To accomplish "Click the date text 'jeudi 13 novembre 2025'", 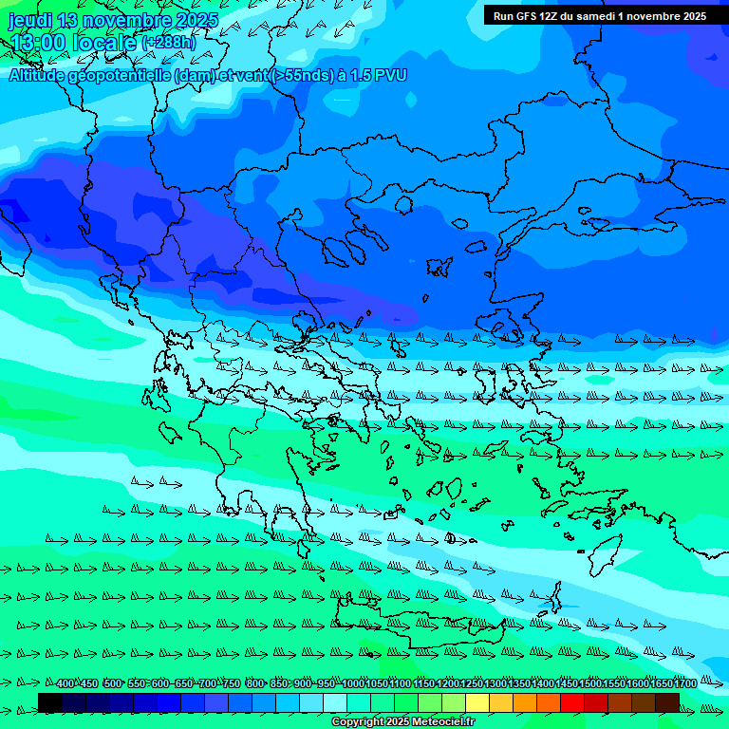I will (x=113, y=20).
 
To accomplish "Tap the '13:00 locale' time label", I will (x=76, y=43).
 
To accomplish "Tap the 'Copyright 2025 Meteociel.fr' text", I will (x=402, y=722).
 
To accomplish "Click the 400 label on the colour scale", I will (x=65, y=684).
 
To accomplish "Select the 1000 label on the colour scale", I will (x=352, y=684).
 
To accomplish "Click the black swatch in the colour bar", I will (x=50, y=702).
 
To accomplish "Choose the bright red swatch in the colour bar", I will (x=572, y=702).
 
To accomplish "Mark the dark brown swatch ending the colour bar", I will (x=667, y=702).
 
